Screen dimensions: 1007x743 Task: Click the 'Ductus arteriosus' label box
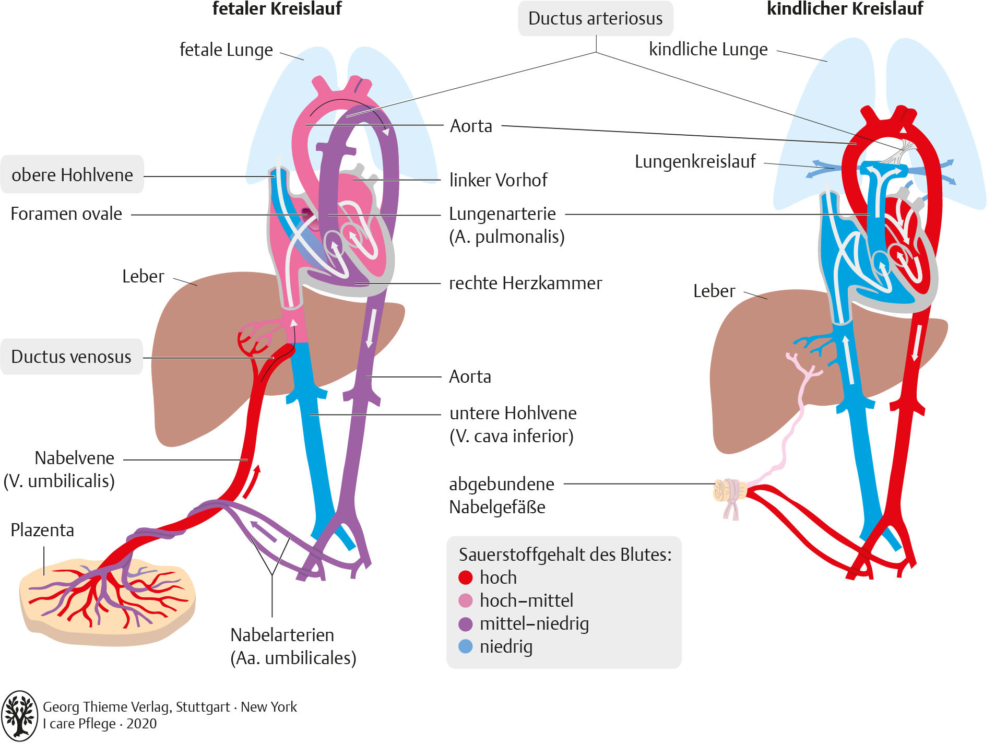click(x=595, y=19)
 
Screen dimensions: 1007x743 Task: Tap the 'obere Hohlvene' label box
click(x=72, y=174)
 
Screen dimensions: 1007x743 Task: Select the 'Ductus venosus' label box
click(x=72, y=357)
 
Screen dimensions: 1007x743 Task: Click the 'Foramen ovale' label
click(x=66, y=214)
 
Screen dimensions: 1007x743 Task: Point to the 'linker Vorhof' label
click(x=498, y=180)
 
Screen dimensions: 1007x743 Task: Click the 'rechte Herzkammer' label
click(x=525, y=283)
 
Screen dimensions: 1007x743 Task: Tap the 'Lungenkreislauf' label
click(x=695, y=162)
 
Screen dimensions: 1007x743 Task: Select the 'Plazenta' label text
click(x=42, y=530)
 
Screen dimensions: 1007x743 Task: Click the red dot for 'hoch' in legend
click(x=465, y=577)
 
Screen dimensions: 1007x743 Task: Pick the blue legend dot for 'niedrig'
click(x=465, y=646)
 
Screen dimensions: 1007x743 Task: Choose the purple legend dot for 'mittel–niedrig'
click(x=465, y=623)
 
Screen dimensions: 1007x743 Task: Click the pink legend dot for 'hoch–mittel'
click(x=465, y=600)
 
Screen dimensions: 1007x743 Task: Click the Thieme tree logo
click(x=20, y=715)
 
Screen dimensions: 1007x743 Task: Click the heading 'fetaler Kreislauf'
click(x=277, y=8)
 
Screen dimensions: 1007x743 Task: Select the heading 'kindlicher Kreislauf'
click(x=845, y=8)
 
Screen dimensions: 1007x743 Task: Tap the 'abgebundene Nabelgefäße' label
click(x=501, y=495)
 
